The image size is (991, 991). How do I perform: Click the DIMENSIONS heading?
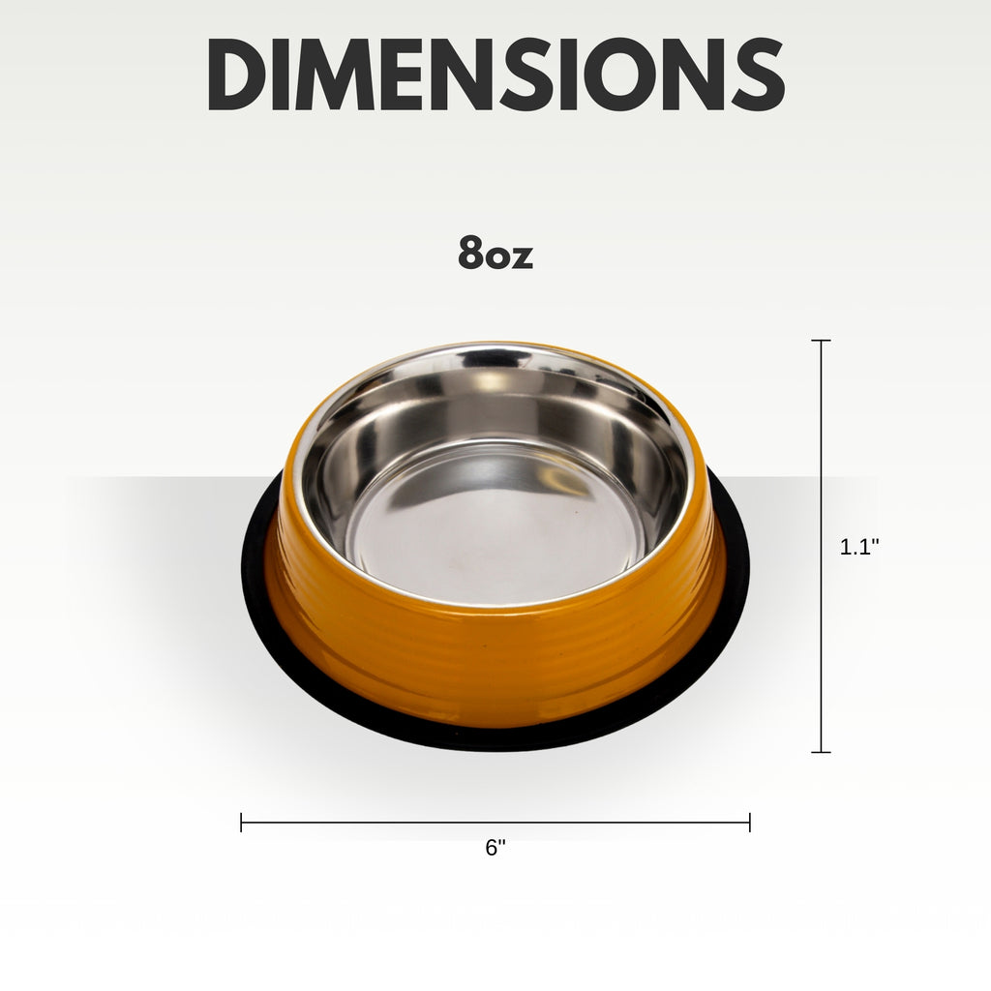pos(496,74)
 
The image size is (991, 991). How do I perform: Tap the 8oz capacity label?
pos(495,253)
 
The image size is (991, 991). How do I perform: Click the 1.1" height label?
pos(859,547)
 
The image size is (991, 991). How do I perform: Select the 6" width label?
pos(495,848)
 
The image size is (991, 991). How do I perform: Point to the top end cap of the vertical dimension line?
pos(821,341)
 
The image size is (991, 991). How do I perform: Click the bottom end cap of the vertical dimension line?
pos(821,752)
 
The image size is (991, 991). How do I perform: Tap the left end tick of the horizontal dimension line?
pos(241,823)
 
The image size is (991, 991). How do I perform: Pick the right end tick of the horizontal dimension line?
pos(750,823)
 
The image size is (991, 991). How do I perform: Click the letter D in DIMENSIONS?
pos(234,74)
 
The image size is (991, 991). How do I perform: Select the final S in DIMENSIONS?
pos(759,74)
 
